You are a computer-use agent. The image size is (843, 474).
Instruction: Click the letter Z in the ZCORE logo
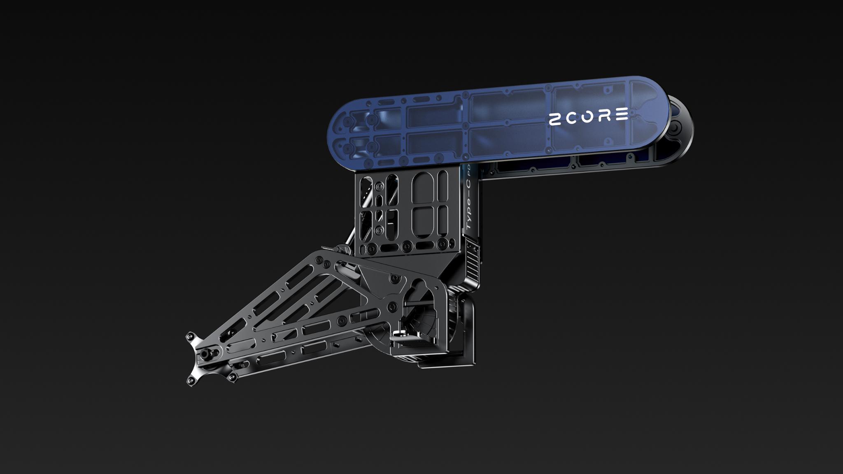click(x=556, y=120)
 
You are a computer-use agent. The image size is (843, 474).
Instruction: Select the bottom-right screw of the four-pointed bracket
click(x=233, y=378)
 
